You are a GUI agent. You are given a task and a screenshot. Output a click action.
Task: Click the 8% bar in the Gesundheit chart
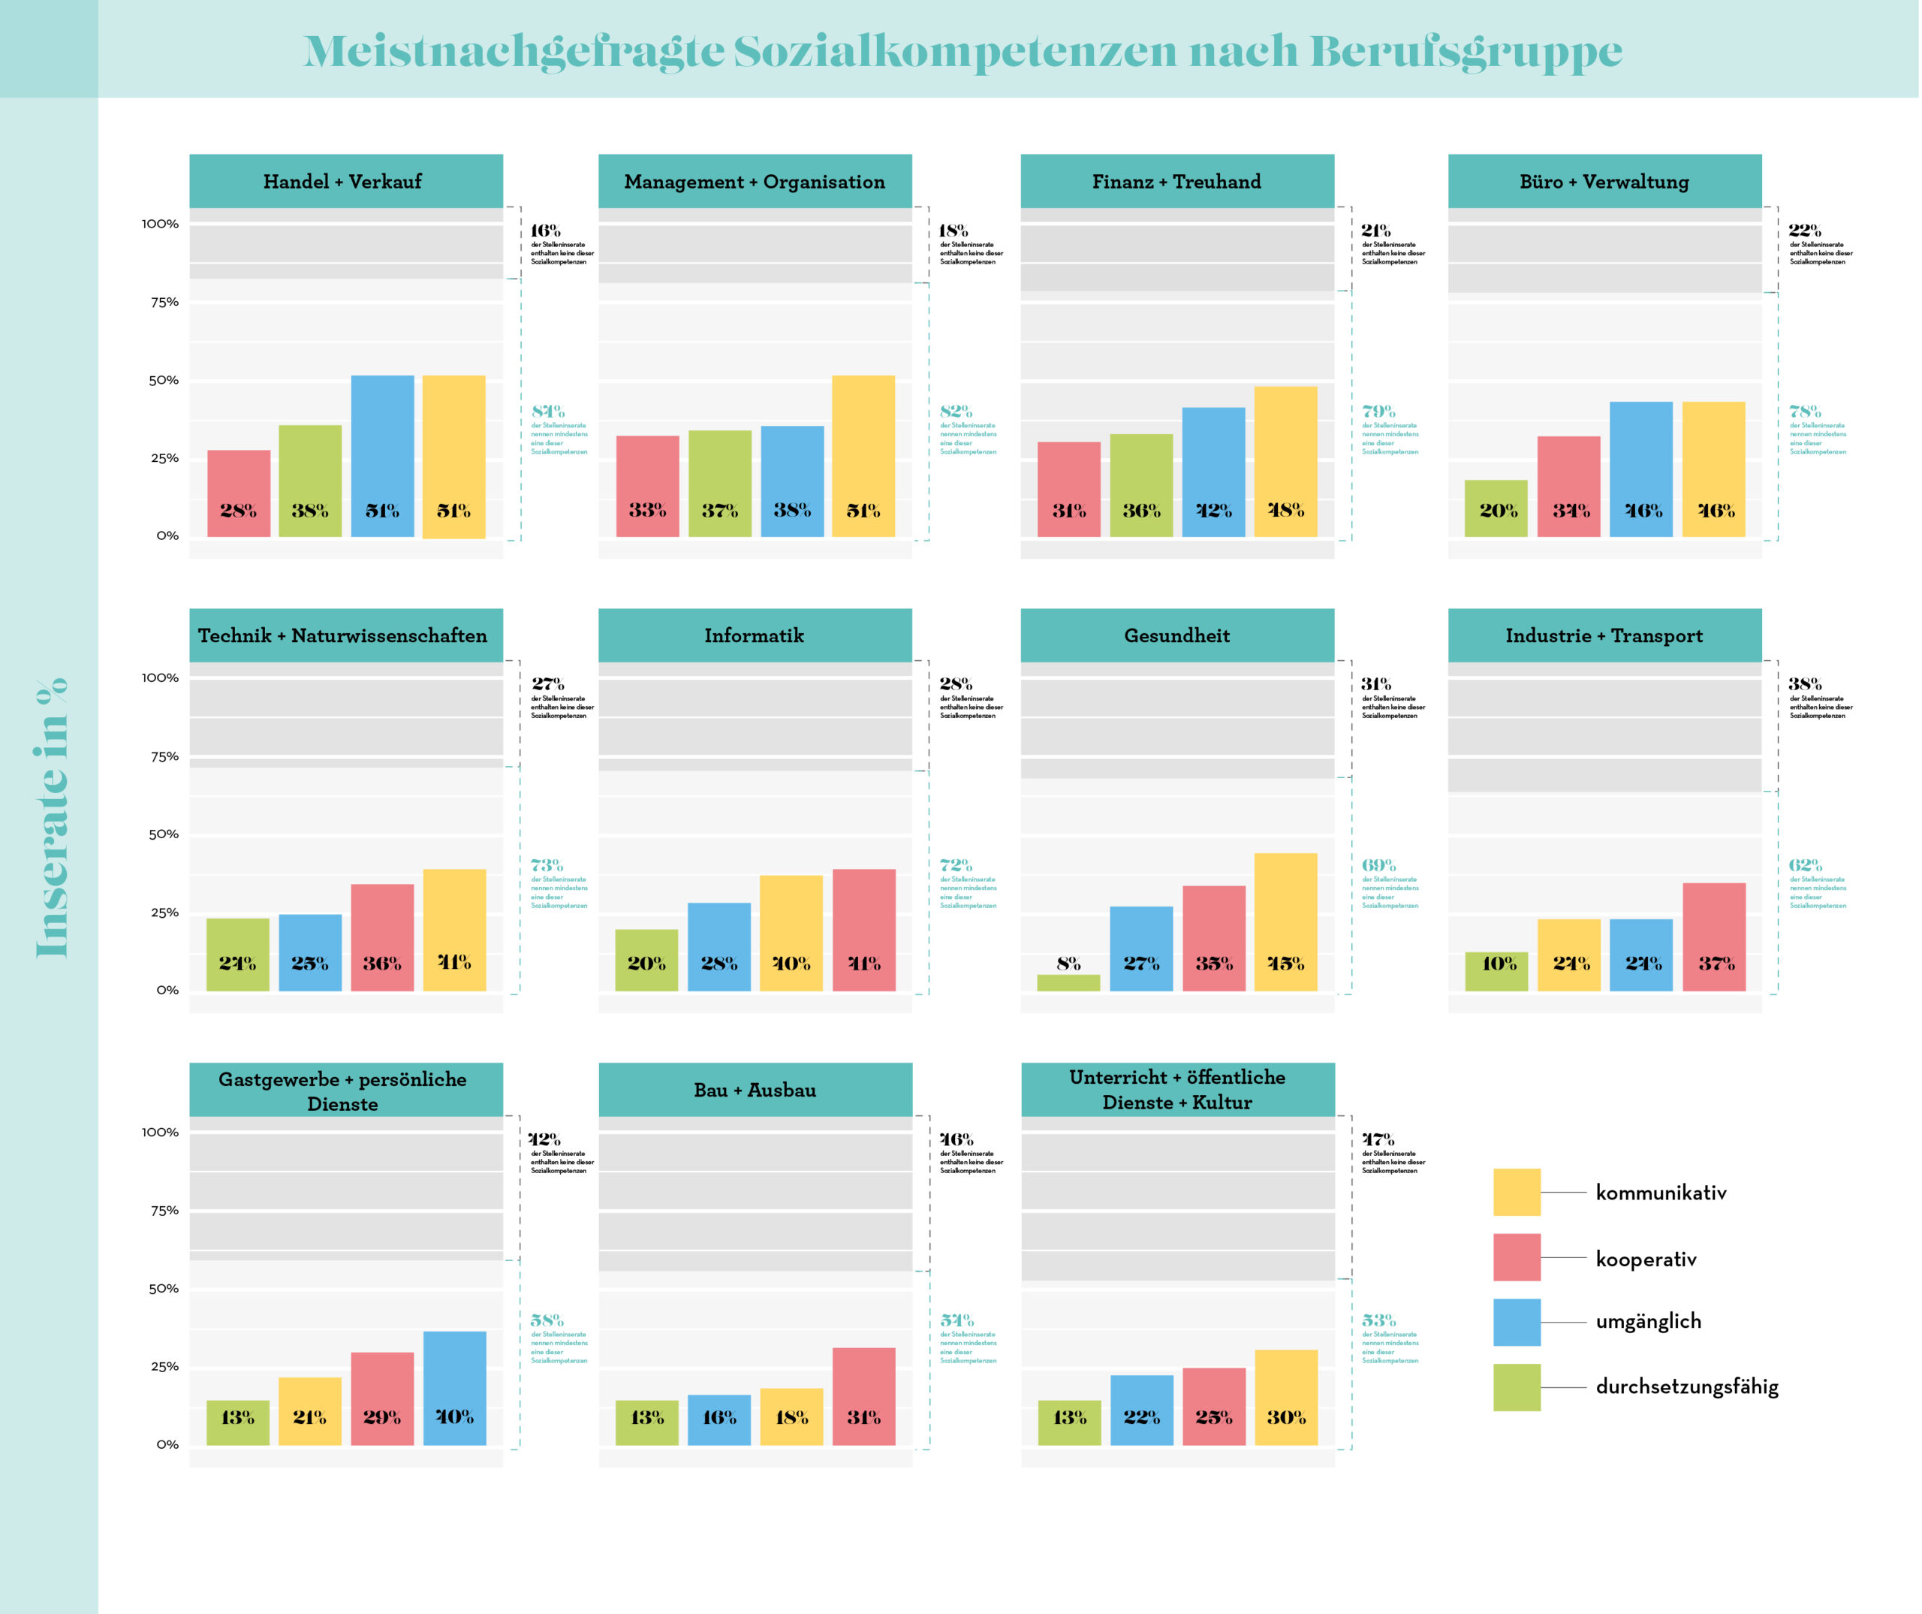click(1068, 982)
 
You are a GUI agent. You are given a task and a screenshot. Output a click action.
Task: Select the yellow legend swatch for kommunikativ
click(1517, 1192)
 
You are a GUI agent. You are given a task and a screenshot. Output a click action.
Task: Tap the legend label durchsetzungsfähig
click(1687, 1387)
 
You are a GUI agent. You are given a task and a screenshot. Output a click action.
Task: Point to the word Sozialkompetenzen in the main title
click(954, 51)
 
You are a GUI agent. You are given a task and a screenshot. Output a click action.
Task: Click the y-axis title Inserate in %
click(51, 818)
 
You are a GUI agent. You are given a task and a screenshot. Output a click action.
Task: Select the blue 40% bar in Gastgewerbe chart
click(455, 1388)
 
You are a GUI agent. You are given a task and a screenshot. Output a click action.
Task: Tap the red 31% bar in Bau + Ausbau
click(864, 1396)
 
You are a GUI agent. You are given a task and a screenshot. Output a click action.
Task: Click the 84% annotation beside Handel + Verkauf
click(548, 411)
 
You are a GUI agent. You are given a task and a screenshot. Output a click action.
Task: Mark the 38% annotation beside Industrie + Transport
click(1805, 684)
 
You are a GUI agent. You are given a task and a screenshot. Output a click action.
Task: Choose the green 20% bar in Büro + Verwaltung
click(1496, 508)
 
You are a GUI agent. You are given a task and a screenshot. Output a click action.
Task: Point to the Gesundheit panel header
click(1177, 635)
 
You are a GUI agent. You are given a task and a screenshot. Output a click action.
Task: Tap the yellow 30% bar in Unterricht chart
click(1286, 1397)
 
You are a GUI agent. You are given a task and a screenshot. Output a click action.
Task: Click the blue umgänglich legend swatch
click(1517, 1322)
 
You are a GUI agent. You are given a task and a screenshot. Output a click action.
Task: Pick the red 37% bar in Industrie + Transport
click(1714, 937)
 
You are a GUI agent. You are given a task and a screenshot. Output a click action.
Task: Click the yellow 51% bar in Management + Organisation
click(863, 456)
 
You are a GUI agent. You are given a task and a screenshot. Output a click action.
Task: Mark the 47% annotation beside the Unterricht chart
click(1378, 1139)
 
